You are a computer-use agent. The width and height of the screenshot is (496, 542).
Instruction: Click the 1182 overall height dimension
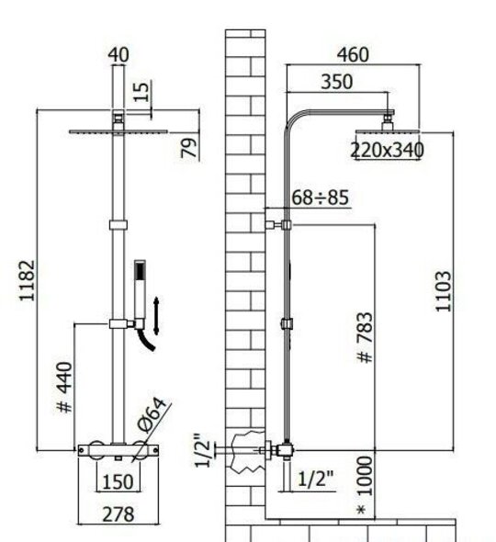point(28,280)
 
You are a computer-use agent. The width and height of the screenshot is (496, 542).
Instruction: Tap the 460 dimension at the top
point(353,54)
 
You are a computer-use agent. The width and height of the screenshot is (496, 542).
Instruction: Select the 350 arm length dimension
point(337,82)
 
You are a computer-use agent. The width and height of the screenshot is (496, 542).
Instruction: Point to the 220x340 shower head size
point(387,150)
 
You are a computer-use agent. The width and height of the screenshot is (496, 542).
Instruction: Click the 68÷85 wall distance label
point(320,198)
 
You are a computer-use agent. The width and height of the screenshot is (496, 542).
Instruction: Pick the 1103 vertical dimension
point(444,291)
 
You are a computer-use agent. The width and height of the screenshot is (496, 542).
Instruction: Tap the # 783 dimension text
point(365,337)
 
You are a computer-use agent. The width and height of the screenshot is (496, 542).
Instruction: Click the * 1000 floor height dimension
point(365,485)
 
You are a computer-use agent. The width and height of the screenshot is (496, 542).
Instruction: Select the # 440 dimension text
point(65,387)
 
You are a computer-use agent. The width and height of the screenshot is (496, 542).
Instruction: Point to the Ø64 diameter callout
point(151,415)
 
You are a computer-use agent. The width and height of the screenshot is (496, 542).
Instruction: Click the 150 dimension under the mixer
point(118,482)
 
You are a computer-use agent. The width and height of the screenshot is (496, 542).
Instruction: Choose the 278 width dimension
point(118,514)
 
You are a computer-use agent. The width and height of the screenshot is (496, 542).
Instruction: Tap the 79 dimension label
point(189,148)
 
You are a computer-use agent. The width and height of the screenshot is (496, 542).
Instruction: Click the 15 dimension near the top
point(141,91)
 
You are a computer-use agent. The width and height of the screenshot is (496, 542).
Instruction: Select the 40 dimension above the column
point(118,54)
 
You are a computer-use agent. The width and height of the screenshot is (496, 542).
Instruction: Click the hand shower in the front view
point(140,289)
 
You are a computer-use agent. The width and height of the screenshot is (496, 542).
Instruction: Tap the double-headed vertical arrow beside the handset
point(156,316)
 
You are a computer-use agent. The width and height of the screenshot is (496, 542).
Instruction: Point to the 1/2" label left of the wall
point(202,450)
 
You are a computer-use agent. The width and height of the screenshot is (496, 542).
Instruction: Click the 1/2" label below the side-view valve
point(315,479)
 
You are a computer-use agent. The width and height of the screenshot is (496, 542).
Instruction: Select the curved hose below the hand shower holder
point(146,340)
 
